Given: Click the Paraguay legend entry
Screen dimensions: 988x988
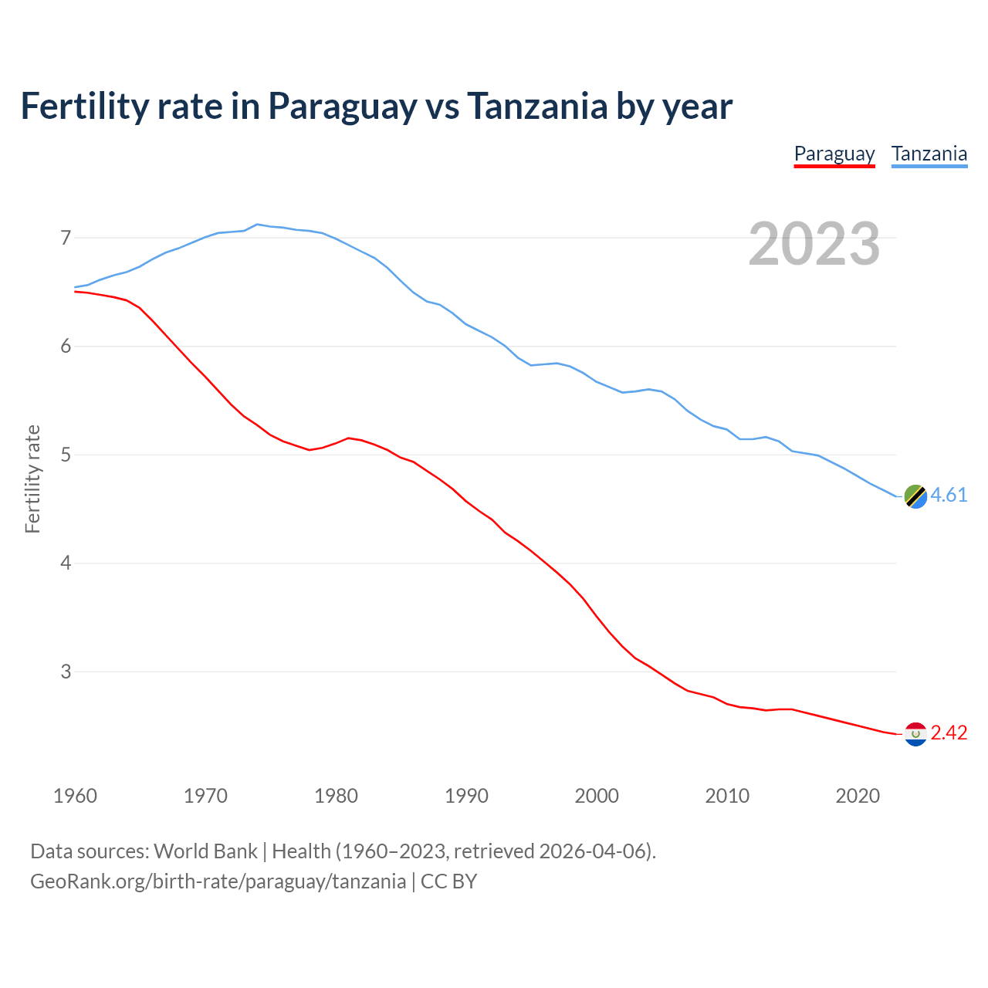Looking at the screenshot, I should coord(834,154).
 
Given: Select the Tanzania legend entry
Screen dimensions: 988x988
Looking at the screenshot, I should coord(929,154).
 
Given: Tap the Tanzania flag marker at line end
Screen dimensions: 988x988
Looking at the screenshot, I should coord(915,496).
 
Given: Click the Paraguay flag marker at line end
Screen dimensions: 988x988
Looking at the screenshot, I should coord(915,734).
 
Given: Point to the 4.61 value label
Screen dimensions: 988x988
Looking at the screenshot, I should coord(949,496).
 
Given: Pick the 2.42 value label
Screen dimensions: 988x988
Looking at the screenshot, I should coord(949,733).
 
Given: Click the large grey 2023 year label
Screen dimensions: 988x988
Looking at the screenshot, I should coord(814,245).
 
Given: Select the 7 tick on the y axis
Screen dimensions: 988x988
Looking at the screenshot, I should coord(66,238).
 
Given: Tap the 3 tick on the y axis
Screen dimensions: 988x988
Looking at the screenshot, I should coord(66,672).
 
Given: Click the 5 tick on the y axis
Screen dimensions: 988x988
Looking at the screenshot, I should coord(66,455).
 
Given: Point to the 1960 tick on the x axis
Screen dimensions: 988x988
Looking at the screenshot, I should coord(75,796).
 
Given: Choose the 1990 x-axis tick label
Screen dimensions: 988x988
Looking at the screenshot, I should coord(466,796).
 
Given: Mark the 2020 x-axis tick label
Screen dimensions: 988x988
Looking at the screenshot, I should coord(858,796).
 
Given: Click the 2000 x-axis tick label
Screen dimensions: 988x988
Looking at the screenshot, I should coord(597,796).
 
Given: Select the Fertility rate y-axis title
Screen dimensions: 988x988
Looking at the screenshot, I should coord(32,479).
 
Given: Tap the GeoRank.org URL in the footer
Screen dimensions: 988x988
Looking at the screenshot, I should coord(218,881).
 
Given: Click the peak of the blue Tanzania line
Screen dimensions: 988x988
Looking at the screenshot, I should coord(257,224).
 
